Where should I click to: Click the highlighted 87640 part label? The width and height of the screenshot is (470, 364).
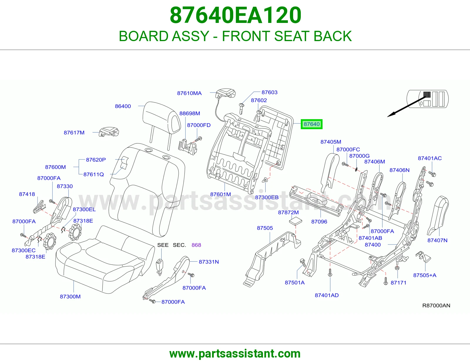point(311,124)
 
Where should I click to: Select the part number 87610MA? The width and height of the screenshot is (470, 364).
point(189,93)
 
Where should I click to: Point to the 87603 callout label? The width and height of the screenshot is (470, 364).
point(269,92)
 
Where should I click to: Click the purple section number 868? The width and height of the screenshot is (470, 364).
point(196,245)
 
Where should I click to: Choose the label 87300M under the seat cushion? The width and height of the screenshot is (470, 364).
point(70,296)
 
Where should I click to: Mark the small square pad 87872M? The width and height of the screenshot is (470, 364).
point(296,221)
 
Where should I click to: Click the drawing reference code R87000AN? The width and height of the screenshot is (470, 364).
point(436,305)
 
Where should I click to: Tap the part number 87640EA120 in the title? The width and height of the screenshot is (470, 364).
point(235,15)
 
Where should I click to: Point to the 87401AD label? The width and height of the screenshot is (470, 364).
point(327,295)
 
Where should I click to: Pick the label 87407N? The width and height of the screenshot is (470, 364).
point(437,240)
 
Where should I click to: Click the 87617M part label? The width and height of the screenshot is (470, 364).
point(74,132)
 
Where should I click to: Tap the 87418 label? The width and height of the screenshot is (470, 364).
point(27,194)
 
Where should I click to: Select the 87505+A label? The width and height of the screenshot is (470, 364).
point(424,275)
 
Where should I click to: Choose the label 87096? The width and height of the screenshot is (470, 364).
point(319,222)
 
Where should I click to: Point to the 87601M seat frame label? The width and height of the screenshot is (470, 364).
point(220,194)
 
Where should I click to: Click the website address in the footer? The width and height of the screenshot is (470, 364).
point(235,354)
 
